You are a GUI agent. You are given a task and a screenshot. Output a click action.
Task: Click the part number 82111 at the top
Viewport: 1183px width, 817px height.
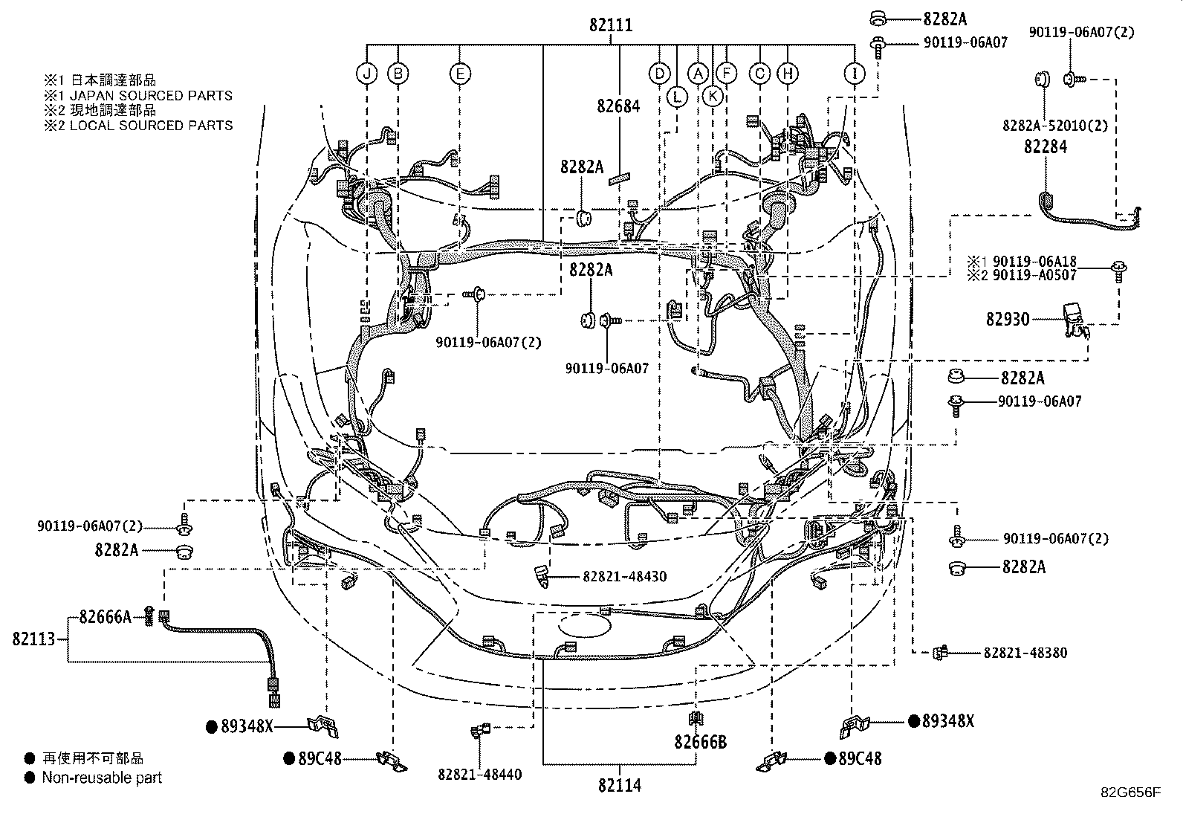coord(611,25)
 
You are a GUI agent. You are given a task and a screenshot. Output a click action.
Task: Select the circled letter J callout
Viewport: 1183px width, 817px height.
coord(367,73)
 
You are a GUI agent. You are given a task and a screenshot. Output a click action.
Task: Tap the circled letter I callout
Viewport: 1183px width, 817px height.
coord(855,73)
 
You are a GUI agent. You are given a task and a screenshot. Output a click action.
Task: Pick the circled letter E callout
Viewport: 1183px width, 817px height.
coord(460,73)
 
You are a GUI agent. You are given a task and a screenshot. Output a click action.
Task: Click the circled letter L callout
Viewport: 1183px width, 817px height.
coord(677,96)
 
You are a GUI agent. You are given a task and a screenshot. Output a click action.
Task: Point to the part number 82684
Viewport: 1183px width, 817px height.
coord(618,106)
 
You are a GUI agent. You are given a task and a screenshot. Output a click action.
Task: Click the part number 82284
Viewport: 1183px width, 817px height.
coord(1045,147)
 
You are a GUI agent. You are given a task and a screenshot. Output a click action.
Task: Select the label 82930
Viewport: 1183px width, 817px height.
coord(1008,319)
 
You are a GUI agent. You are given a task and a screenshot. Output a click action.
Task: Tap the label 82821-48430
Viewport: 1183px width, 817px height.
coord(614,576)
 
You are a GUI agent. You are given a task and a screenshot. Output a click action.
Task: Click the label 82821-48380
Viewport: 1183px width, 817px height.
coord(1025,653)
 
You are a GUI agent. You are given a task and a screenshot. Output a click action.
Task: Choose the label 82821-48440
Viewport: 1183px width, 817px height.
coord(479,775)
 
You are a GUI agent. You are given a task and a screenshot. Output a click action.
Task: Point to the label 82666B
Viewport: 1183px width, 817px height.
coord(700,742)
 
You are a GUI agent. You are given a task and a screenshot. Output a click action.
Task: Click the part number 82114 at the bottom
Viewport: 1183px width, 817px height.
coord(618,785)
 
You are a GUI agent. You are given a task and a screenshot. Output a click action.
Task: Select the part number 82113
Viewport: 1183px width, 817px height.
coord(33,639)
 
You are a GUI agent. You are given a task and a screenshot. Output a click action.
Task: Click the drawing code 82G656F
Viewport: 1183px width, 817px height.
coord(1130,792)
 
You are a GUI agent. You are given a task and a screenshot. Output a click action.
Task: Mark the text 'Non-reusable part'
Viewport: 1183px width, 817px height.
coord(102,778)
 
